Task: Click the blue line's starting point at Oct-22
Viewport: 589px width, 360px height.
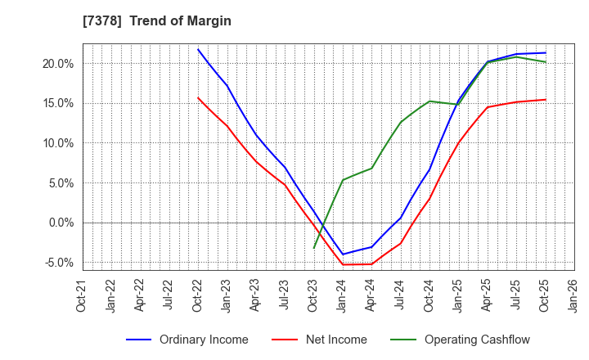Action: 198,49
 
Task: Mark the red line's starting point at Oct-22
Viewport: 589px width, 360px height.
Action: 198,98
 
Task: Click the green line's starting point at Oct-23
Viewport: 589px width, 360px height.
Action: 314,248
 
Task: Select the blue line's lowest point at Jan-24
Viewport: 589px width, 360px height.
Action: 343,254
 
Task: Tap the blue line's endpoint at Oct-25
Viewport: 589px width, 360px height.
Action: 546,52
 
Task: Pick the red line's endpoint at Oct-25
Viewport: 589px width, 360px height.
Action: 546,100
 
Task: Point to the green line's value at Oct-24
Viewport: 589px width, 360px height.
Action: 429,101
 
